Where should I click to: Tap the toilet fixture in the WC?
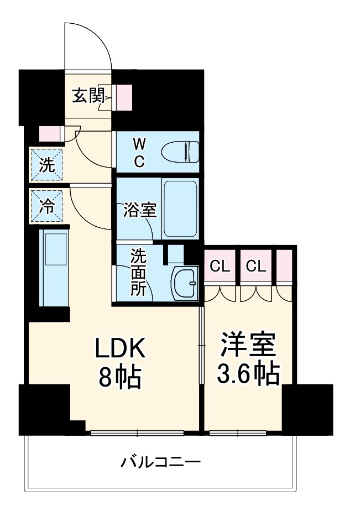click(182, 150)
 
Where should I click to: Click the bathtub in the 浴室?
click(180, 209)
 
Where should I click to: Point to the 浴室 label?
click(140, 210)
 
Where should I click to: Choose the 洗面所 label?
click(138, 273)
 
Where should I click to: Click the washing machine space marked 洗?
click(47, 164)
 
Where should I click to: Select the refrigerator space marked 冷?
click(47, 206)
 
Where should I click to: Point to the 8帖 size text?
click(120, 379)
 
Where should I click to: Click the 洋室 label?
click(247, 345)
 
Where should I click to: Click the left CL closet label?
click(220, 267)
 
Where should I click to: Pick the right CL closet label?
click(256, 267)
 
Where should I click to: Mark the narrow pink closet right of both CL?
click(284, 266)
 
